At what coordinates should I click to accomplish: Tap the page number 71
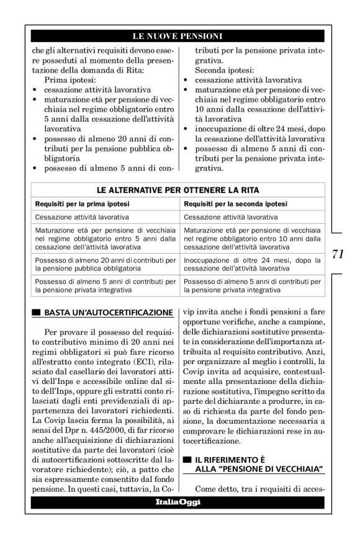pyautogui.click(x=338, y=254)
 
